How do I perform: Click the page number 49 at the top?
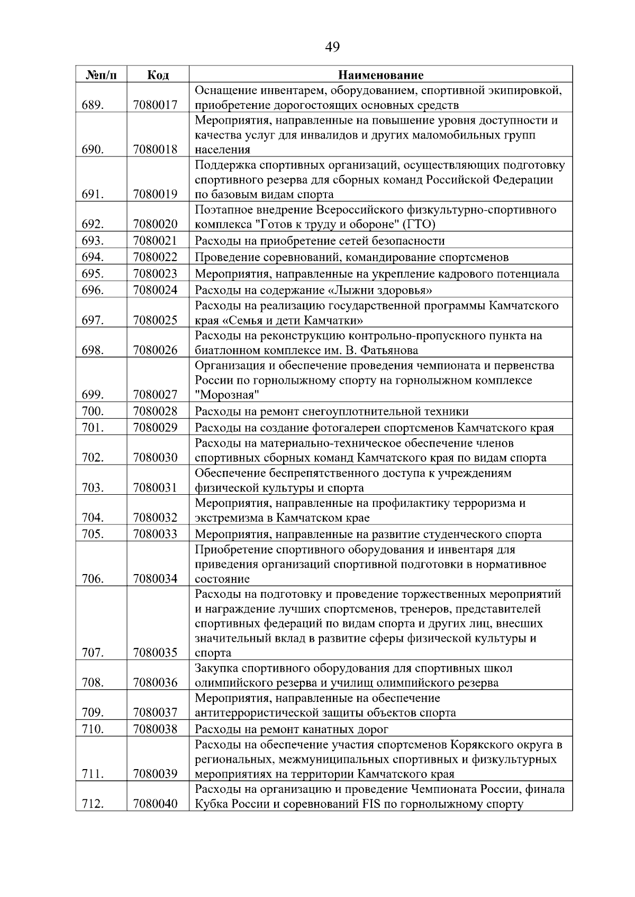[332, 47]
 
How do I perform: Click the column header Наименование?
[380, 75]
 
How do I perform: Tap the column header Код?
[158, 75]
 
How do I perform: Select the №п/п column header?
[101, 75]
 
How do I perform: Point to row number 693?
[93, 241]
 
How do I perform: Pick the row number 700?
[93, 411]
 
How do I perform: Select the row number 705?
[93, 534]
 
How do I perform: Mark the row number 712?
[93, 804]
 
